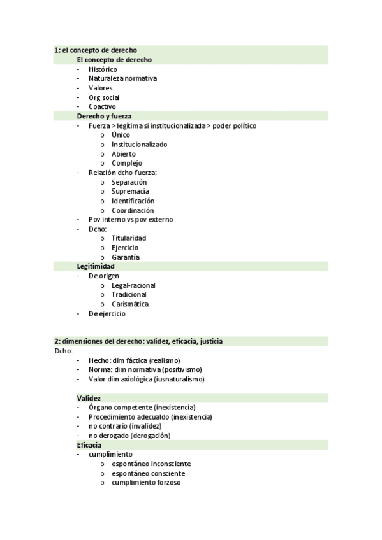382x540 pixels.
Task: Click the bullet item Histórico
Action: tap(103, 69)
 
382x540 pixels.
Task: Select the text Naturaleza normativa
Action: tap(122, 78)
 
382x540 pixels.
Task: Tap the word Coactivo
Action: tap(102, 106)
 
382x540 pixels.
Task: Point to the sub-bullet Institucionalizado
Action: tap(139, 145)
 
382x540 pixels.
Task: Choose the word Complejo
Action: tap(126, 163)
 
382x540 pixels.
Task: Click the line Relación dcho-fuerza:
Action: tap(122, 173)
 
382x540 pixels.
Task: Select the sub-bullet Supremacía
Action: tap(130, 191)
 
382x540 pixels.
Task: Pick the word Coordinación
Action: tap(133, 210)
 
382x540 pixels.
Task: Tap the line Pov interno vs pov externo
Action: tap(131, 220)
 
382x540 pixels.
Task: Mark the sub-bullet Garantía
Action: tap(126, 257)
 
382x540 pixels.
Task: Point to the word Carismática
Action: tap(130, 304)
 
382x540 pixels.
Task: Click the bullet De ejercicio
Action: tap(107, 313)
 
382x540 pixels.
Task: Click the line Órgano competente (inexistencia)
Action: tap(142, 408)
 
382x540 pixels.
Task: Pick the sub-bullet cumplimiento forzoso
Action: tap(146, 482)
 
